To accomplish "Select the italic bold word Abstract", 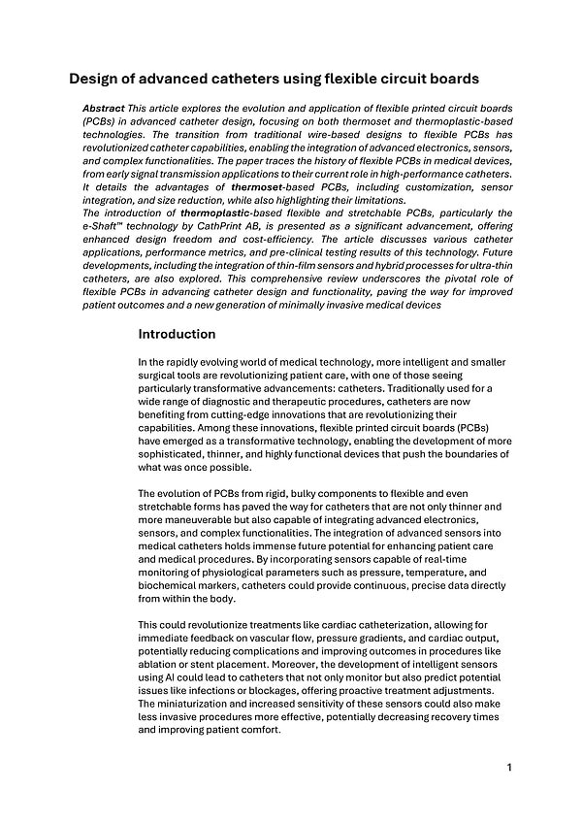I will [x=105, y=108].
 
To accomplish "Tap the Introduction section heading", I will [x=177, y=334].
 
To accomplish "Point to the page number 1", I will [x=509, y=768].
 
